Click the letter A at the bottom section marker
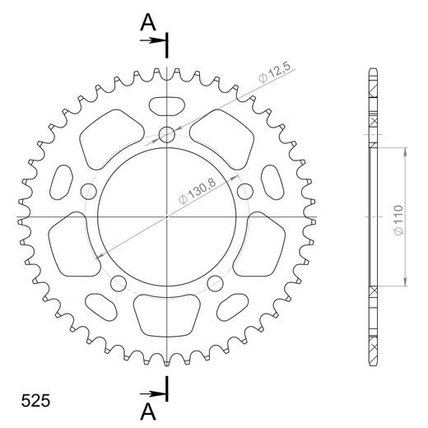pyautogui.click(x=148, y=409)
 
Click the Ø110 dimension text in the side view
pyautogui.click(x=397, y=217)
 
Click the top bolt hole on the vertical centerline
pyautogui.click(x=168, y=134)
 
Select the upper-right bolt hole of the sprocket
pyautogui.click(x=244, y=191)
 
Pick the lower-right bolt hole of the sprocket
pyautogui.click(x=216, y=283)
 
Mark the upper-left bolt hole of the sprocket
pyautogui.click(x=90, y=191)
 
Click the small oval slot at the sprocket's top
pyautogui.click(x=168, y=105)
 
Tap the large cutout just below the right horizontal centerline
pyautogui.click(x=263, y=244)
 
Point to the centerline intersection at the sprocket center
pyautogui.click(x=168, y=217)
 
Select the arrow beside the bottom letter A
pyautogui.click(x=157, y=393)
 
